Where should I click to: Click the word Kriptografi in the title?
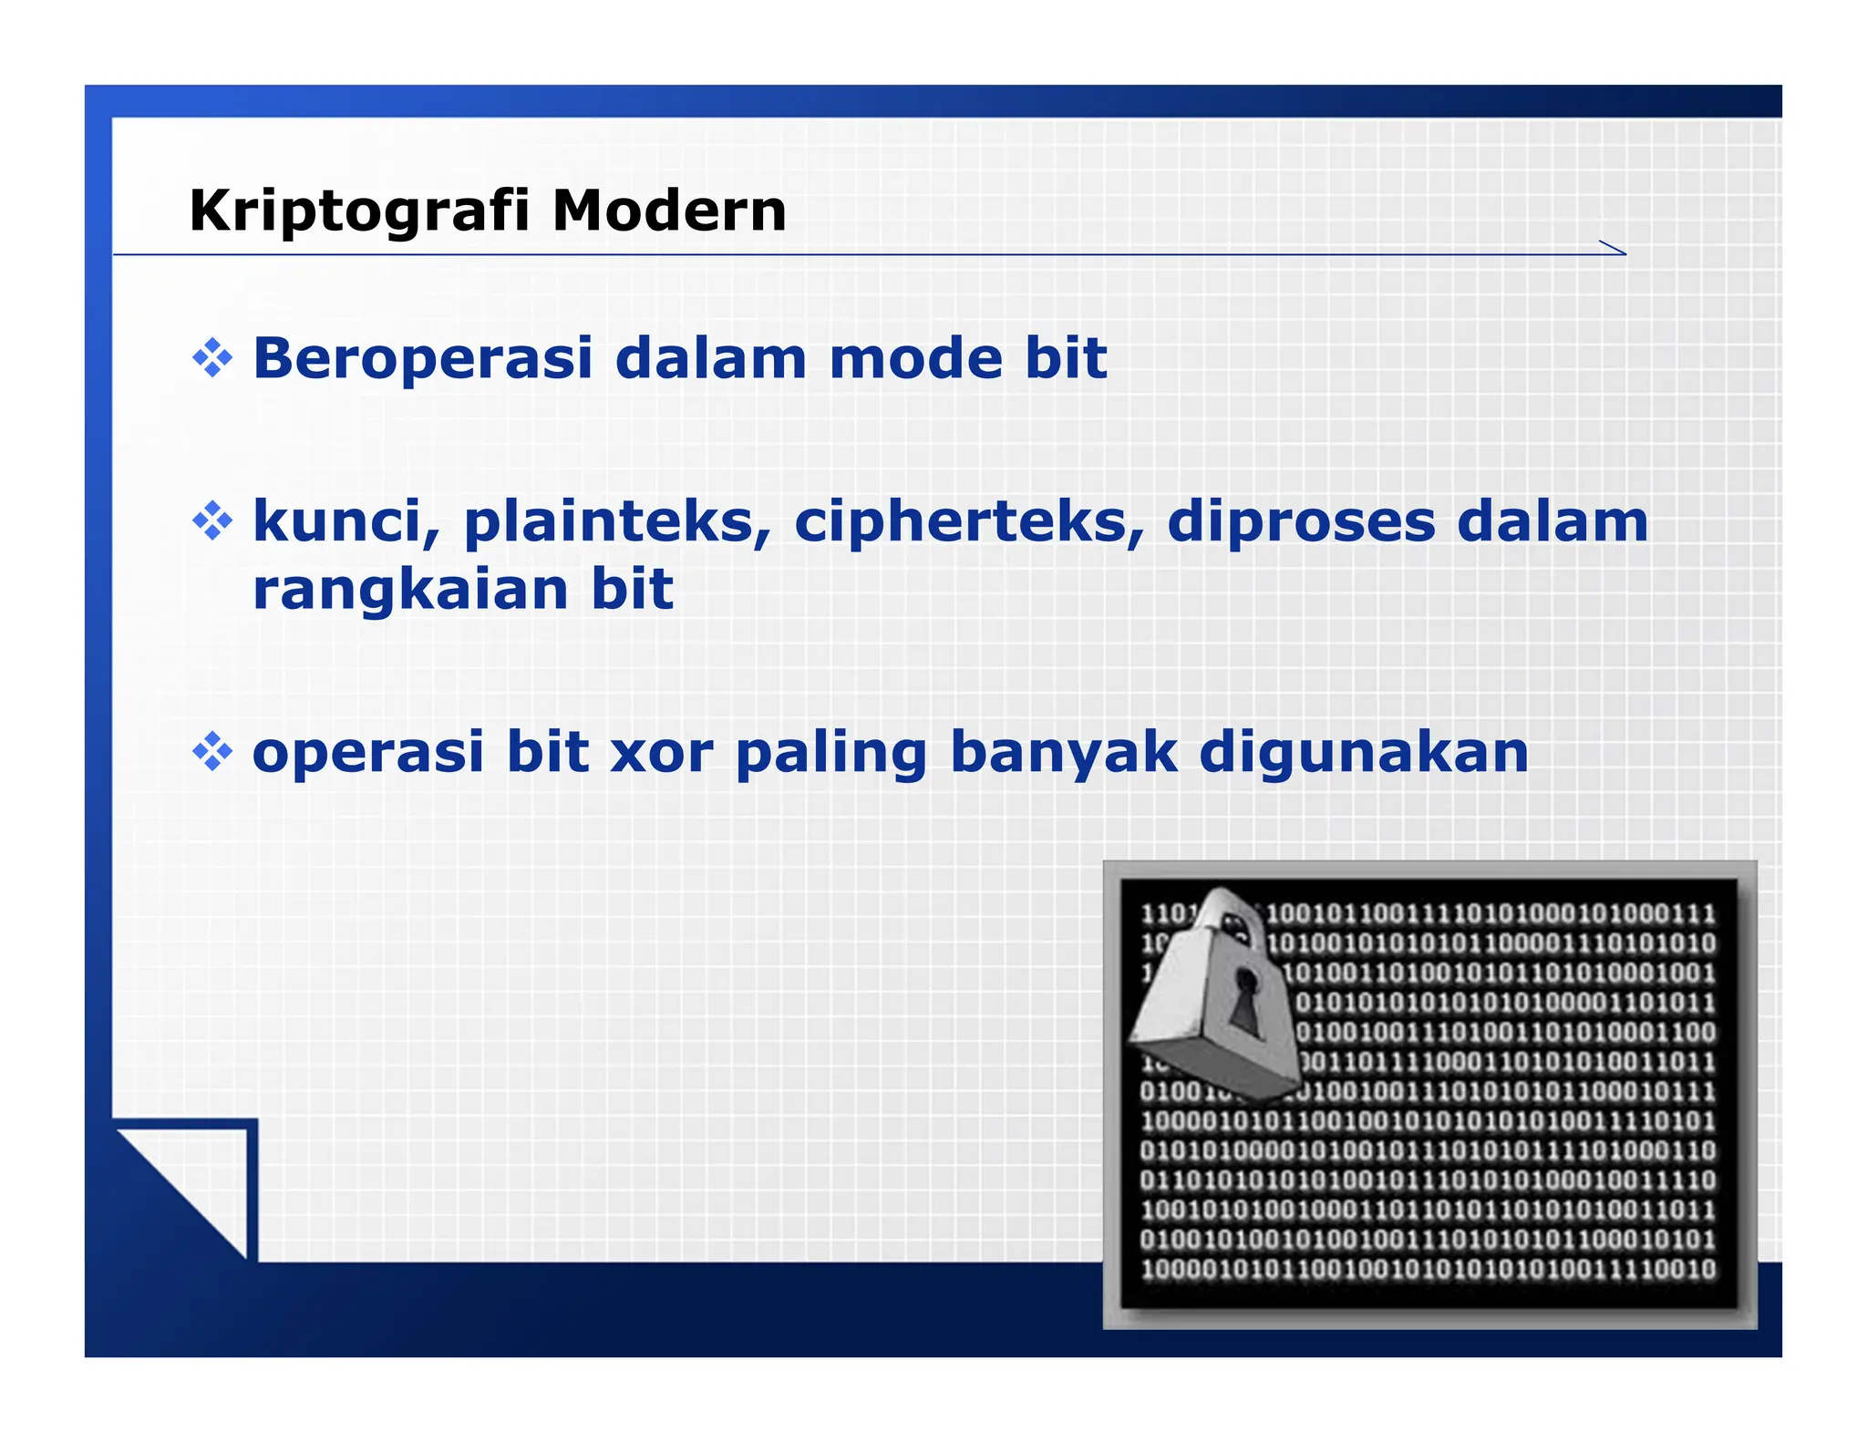(359, 211)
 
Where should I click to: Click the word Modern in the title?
(669, 211)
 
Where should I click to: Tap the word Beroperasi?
(423, 358)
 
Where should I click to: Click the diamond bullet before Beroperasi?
(212, 358)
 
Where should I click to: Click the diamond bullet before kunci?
(212, 521)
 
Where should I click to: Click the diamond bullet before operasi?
(212, 753)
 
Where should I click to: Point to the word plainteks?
(617, 523)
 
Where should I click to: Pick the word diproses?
(1300, 523)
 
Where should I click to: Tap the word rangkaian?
(410, 591)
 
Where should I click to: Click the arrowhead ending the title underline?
(1614, 248)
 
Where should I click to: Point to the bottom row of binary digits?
(1428, 1270)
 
